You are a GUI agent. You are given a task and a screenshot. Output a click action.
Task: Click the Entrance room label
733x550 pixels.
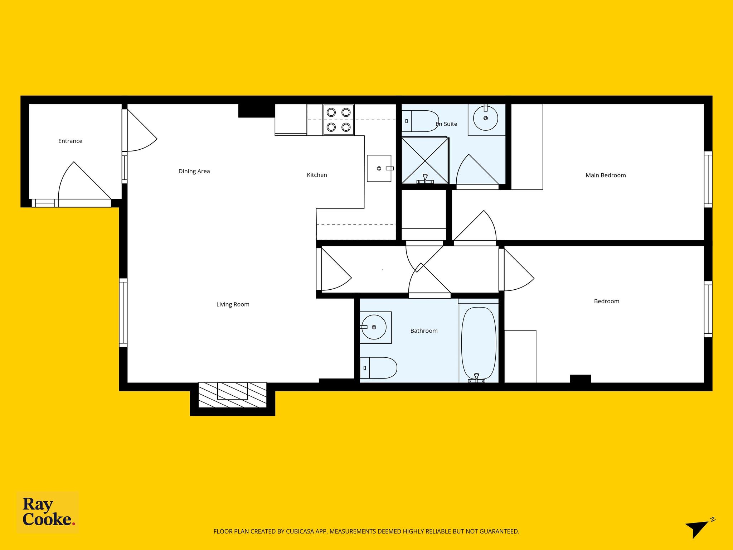[x=70, y=141]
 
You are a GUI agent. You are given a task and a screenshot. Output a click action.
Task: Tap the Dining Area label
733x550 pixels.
[x=194, y=171]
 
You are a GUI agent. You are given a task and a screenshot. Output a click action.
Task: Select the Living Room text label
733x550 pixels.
[x=233, y=304]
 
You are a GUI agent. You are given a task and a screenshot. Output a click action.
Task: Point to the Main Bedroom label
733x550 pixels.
[x=606, y=175]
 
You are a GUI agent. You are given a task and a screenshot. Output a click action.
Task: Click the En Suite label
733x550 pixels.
[x=446, y=124]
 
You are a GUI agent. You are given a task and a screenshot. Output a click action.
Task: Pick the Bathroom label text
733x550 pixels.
[x=424, y=331]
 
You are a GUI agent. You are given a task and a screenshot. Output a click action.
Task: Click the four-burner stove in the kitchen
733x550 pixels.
[x=339, y=120]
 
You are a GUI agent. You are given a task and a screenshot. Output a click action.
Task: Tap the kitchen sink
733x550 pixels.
[x=379, y=168]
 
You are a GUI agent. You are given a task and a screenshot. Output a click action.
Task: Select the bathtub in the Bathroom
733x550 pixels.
[x=479, y=343]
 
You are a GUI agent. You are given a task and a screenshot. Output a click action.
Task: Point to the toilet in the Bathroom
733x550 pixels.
[x=378, y=368]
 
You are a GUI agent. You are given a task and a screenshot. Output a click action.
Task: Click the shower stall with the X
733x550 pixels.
[x=425, y=161]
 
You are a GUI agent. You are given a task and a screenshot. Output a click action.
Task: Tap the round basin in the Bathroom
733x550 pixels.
[x=373, y=327]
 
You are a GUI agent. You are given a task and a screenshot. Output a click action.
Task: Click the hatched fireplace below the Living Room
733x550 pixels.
[x=233, y=395]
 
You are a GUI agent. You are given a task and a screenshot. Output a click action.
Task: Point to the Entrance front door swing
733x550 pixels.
[x=84, y=181]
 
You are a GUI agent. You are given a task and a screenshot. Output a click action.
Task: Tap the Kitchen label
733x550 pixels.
[x=317, y=175]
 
